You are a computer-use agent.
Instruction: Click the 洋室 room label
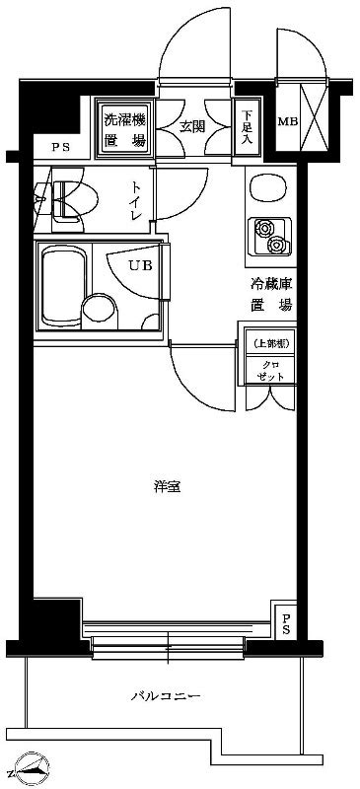167,486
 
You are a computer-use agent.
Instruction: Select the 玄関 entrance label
192,125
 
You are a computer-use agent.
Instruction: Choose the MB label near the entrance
286,123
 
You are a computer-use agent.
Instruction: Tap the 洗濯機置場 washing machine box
124,130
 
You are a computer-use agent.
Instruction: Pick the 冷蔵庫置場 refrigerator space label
269,294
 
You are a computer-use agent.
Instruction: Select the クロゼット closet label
269,370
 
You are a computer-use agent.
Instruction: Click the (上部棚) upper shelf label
269,343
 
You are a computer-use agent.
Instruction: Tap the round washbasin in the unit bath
98,309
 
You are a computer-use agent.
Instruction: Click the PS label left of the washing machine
60,148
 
